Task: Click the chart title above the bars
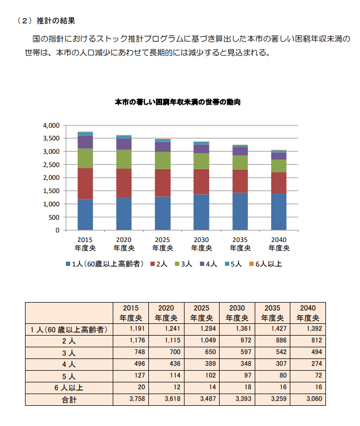click(x=177, y=102)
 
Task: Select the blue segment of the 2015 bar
click(x=85, y=214)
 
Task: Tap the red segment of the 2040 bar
click(x=279, y=182)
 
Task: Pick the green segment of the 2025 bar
click(x=162, y=160)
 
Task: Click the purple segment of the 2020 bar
click(x=124, y=144)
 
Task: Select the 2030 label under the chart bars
click(x=202, y=244)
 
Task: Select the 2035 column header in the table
click(x=272, y=313)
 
